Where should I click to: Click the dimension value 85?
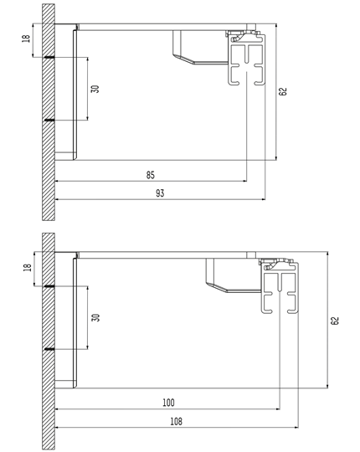pyautogui.click(x=150, y=175)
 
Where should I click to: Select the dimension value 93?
pyautogui.click(x=160, y=193)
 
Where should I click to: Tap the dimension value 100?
pyautogui.click(x=168, y=403)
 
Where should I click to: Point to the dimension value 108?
pyautogui.click(x=176, y=421)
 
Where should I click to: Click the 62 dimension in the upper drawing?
pyautogui.click(x=283, y=91)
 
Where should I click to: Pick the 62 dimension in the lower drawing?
pyautogui.click(x=335, y=321)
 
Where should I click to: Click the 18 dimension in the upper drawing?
pyautogui.click(x=26, y=39)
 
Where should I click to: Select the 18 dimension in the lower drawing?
pyautogui.click(x=27, y=267)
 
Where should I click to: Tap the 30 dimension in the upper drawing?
pyautogui.click(x=95, y=89)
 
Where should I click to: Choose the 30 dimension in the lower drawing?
pyautogui.click(x=95, y=318)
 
